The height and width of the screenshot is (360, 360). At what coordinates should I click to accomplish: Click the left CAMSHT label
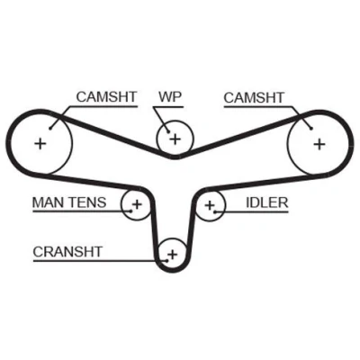(x=106, y=97)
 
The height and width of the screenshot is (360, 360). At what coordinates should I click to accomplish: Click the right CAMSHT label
(x=254, y=98)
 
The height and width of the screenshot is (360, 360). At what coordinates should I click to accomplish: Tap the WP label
(x=170, y=96)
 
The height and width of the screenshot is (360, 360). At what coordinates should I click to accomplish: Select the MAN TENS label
(x=69, y=202)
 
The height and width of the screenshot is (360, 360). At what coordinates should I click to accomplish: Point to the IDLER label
(x=267, y=202)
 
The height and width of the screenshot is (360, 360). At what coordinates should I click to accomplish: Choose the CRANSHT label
(x=67, y=252)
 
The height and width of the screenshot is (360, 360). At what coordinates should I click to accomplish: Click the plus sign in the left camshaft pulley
(x=40, y=143)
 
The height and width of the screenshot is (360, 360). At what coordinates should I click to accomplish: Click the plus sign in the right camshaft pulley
(x=319, y=144)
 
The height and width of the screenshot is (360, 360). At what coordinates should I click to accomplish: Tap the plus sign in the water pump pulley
(x=175, y=139)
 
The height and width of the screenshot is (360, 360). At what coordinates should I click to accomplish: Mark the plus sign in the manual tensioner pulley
(x=137, y=204)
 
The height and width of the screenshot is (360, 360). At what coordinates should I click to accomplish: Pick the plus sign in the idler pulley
(x=210, y=205)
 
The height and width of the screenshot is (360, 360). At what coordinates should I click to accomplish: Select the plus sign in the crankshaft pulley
(x=173, y=255)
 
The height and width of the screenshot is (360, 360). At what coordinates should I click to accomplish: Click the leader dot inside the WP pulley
(x=168, y=131)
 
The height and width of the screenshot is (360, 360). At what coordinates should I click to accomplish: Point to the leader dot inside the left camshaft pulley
(x=50, y=129)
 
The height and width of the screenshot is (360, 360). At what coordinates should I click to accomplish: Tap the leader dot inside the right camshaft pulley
(x=311, y=129)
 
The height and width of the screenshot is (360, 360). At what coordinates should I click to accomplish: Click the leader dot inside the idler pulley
(x=215, y=211)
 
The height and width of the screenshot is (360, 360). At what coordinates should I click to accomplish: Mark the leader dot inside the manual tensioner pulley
(x=131, y=211)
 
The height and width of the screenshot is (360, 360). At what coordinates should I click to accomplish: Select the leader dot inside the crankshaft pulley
(x=167, y=260)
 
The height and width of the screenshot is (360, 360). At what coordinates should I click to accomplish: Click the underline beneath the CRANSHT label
(x=100, y=261)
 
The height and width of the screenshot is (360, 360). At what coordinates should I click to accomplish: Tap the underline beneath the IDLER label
(x=252, y=211)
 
